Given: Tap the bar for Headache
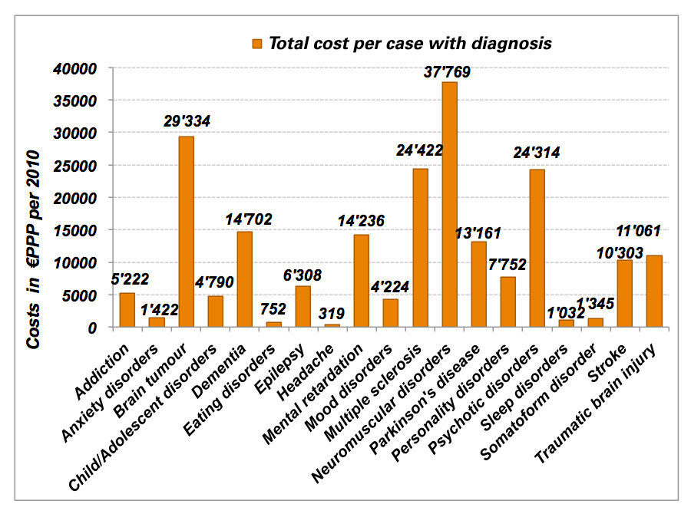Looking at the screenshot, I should [x=332, y=326].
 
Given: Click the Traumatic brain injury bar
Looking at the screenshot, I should [x=654, y=291].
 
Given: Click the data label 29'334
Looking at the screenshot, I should [x=187, y=120].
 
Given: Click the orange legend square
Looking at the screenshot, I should [x=256, y=42].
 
